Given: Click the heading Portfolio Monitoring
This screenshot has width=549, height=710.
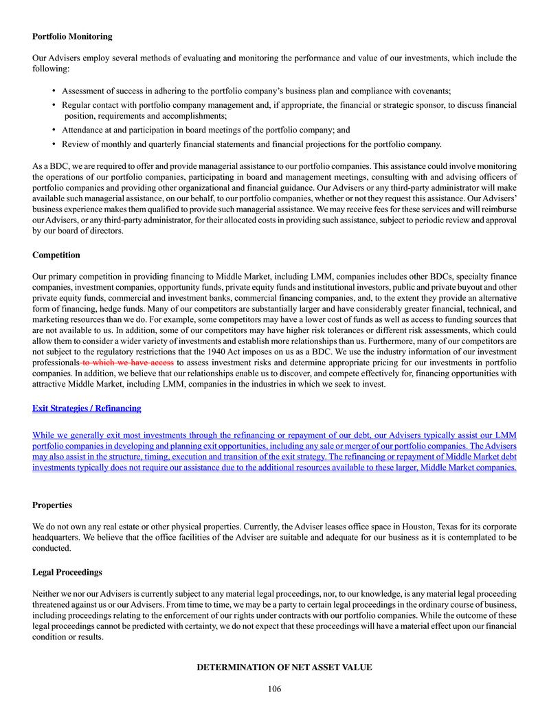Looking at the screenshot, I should tap(72, 36).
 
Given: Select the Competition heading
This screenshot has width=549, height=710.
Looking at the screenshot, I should tap(56, 255).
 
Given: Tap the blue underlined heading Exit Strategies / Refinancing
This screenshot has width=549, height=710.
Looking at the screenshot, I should tap(87, 408).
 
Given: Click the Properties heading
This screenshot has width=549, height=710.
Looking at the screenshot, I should tap(52, 505).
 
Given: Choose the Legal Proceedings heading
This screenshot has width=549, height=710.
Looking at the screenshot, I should tap(67, 572).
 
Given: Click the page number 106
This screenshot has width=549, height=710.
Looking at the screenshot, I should tap(275, 689).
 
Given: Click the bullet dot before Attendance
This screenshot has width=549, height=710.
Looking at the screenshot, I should tap(54, 129).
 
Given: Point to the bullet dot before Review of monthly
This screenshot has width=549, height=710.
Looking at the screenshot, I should tap(54, 144).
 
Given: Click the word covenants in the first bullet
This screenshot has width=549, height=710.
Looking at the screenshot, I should tap(427, 91).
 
